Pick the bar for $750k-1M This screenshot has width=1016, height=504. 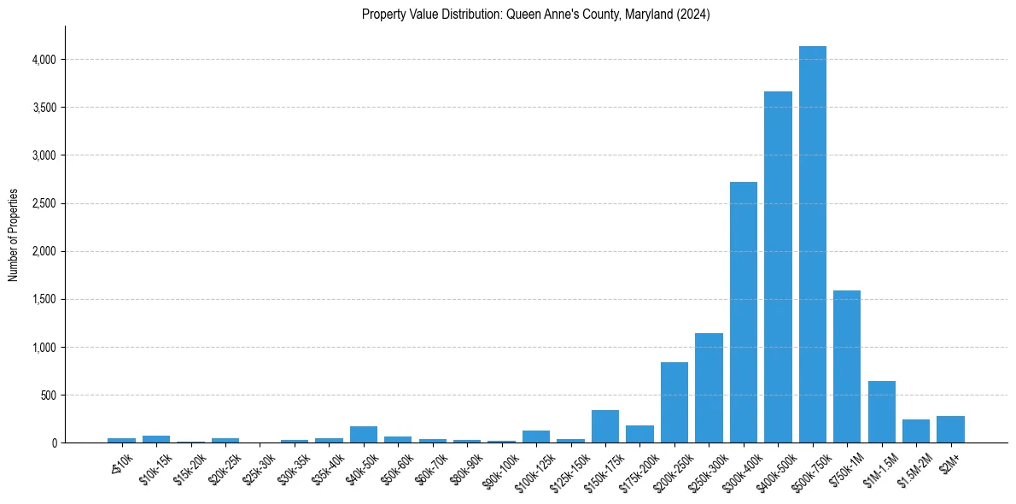[847, 366]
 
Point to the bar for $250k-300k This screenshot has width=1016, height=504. [709, 388]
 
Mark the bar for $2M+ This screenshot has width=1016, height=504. [950, 430]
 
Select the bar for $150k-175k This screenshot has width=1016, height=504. [605, 426]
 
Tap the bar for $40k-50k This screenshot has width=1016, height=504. [364, 434]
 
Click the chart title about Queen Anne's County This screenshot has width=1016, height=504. [535, 15]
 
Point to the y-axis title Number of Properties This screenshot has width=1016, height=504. [14, 234]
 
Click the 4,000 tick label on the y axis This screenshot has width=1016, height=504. [44, 60]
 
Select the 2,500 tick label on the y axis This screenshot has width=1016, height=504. [44, 203]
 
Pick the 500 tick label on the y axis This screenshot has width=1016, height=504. [49, 396]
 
